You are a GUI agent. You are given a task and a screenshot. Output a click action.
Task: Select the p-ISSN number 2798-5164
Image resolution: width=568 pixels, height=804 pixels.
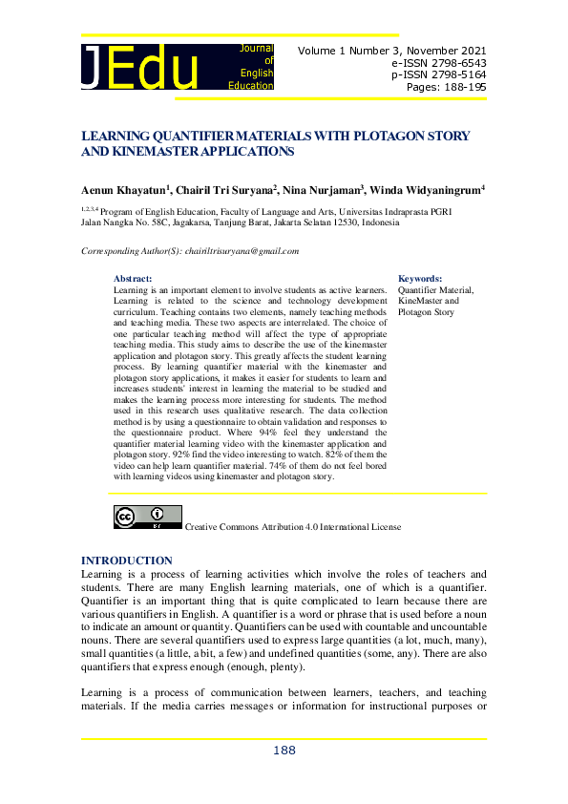tap(457, 74)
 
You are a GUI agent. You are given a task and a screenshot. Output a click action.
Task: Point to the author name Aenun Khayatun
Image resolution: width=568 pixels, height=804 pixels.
tap(123, 190)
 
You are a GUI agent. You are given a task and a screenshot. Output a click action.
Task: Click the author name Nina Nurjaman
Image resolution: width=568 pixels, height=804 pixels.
tap(321, 190)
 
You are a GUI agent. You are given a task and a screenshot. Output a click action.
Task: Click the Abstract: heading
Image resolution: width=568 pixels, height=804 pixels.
tap(133, 277)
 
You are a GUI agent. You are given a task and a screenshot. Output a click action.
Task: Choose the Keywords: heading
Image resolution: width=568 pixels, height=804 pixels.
tap(420, 277)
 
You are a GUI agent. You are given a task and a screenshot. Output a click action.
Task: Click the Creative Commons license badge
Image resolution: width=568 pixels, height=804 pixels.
tap(147, 518)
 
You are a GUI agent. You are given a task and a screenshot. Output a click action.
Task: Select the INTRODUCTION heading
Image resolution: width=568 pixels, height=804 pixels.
tap(127, 561)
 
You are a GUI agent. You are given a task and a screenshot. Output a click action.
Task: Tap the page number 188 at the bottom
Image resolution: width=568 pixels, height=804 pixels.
tap(284, 751)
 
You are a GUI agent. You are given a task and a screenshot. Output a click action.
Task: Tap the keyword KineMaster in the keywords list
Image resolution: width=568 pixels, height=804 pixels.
tap(422, 301)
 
